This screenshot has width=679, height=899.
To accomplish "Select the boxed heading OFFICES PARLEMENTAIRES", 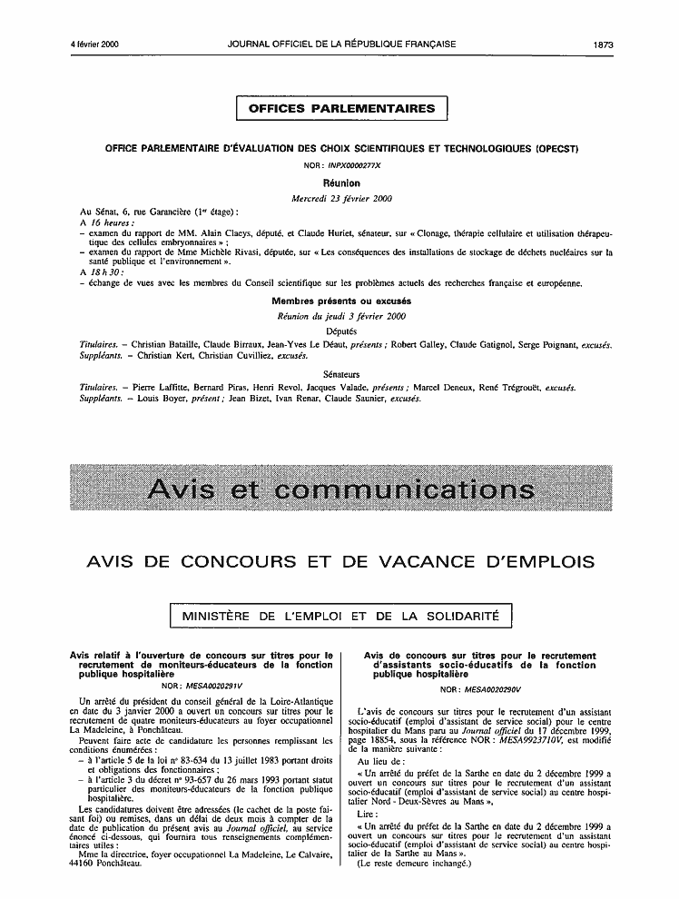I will pos(341,109).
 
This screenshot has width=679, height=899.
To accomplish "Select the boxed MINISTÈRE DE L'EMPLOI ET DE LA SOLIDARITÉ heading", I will pos(341,617).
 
